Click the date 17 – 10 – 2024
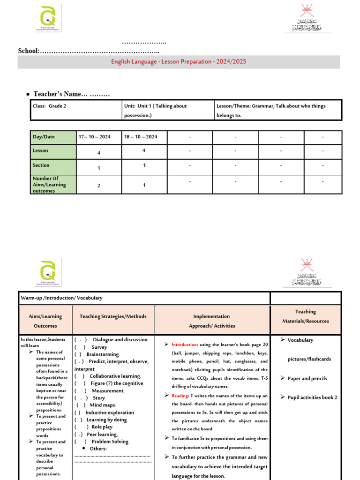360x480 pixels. click(x=98, y=137)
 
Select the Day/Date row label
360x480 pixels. click(x=44, y=137)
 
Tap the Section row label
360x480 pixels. click(x=41, y=165)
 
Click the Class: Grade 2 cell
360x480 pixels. click(x=50, y=106)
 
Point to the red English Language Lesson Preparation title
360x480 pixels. click(x=179, y=62)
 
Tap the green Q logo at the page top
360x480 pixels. click(x=48, y=19)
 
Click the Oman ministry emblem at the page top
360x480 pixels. click(x=307, y=19)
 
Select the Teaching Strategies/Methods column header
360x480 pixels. click(x=113, y=316)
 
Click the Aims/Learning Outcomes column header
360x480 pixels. click(x=45, y=321)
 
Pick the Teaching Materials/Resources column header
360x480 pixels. click(x=305, y=316)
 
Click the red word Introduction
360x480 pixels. click(x=185, y=345)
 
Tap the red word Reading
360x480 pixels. click(x=180, y=396)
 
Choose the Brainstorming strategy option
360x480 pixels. click(x=103, y=354)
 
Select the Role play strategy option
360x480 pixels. click(x=102, y=427)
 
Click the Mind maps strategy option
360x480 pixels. click(x=102, y=405)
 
